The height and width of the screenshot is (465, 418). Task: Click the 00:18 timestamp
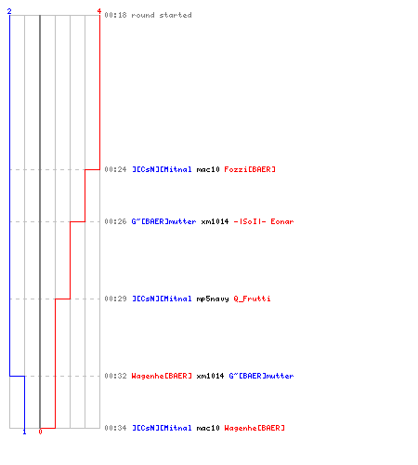point(115,15)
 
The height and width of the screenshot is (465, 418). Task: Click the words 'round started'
point(162,15)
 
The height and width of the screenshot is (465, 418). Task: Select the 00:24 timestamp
point(115,169)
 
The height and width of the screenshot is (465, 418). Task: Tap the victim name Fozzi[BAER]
point(250,169)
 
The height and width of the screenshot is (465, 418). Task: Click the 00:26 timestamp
point(115,221)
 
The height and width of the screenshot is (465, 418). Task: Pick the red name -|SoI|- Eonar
point(264,221)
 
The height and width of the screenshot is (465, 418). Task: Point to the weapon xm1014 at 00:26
point(215,221)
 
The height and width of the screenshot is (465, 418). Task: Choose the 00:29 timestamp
point(115,299)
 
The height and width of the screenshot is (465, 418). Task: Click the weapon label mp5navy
point(213,299)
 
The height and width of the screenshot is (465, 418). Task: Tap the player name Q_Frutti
point(252,299)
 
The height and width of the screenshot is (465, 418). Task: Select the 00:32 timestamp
point(115,376)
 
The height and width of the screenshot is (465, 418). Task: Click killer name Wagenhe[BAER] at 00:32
point(162,376)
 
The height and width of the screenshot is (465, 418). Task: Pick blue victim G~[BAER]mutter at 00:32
point(261,376)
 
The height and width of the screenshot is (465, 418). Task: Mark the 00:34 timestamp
point(115,428)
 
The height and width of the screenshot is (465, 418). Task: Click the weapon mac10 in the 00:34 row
point(208,428)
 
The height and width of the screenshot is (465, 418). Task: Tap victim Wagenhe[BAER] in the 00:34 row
point(255,428)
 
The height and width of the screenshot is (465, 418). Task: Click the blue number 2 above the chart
point(9,11)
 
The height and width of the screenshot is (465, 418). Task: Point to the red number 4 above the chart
point(99,11)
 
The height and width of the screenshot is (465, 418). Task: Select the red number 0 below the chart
point(40,432)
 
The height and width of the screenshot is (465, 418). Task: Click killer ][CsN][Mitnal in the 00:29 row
point(162,299)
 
